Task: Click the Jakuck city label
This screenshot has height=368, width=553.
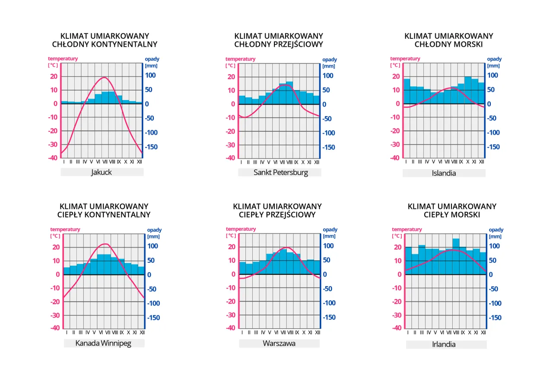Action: point(102,172)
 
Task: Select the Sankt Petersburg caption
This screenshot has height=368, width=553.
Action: point(280,173)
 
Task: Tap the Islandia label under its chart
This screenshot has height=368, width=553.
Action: point(444,173)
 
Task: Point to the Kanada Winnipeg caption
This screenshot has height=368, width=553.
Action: point(103,343)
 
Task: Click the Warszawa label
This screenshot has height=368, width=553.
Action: point(279,343)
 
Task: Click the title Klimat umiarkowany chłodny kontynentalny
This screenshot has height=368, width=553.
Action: point(105,40)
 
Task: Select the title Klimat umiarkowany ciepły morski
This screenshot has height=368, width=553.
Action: point(452,211)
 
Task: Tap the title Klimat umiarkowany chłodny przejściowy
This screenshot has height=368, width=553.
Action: point(279,40)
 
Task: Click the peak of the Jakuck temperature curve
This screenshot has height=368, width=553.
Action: point(104,78)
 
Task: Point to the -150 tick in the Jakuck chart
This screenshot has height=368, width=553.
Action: point(152,147)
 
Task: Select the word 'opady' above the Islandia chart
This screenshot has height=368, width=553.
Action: point(494,59)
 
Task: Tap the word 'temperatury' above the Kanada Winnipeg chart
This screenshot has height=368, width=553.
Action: point(65,230)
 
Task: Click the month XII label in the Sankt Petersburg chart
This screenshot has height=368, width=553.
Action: point(317,162)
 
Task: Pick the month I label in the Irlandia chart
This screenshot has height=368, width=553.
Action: point(408,332)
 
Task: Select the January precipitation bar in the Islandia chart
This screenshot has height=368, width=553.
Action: point(407,91)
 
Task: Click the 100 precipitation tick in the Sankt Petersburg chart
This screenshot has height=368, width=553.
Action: point(328,76)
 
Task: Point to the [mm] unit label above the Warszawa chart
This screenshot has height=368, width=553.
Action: point(329,236)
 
